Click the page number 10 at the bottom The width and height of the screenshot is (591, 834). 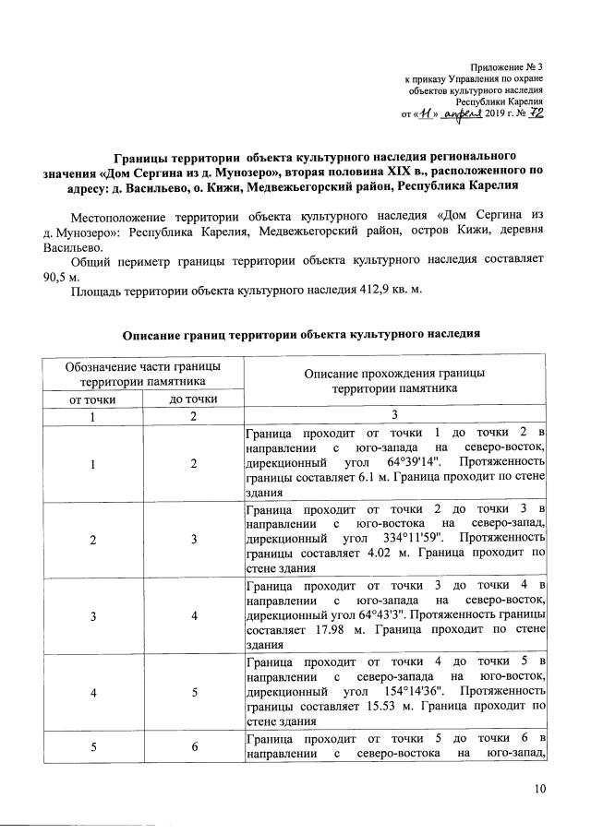coord(540,789)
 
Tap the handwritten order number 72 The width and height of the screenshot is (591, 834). coord(535,113)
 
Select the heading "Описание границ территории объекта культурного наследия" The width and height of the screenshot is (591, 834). coord(302,334)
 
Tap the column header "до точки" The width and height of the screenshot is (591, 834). coord(194,399)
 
